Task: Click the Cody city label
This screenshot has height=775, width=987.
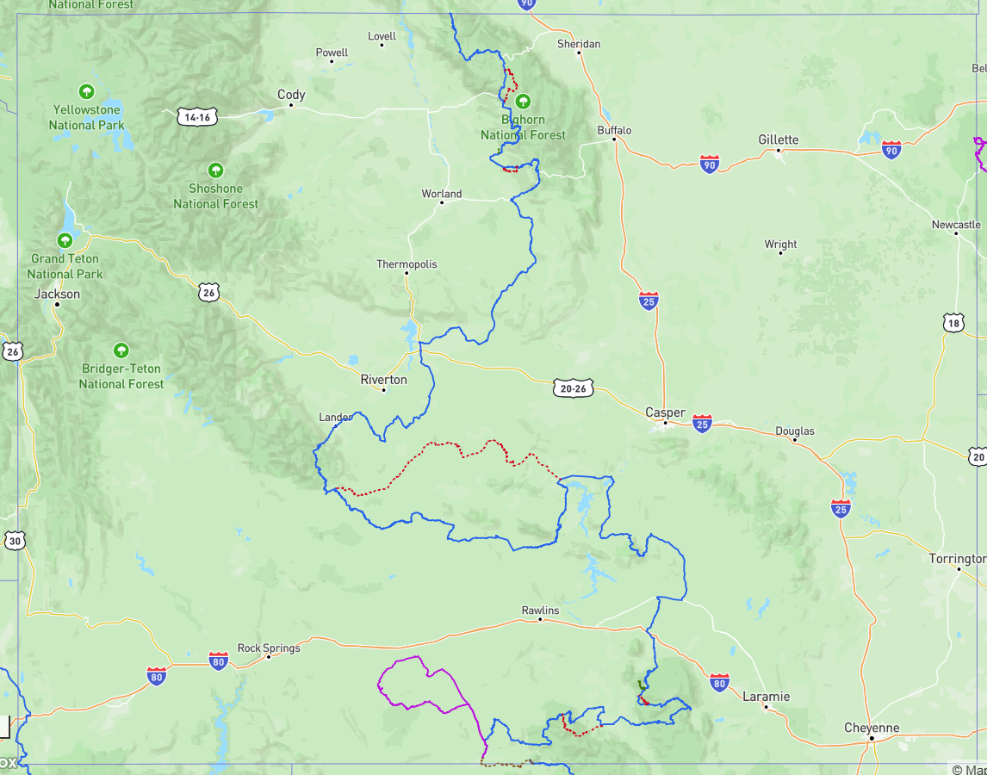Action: click(x=291, y=95)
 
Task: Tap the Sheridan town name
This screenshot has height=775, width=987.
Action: click(x=579, y=44)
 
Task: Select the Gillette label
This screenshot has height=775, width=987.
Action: click(x=778, y=139)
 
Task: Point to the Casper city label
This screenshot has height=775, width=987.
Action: click(x=665, y=412)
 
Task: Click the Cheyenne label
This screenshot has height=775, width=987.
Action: click(x=872, y=728)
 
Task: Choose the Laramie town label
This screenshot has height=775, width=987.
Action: click(x=766, y=696)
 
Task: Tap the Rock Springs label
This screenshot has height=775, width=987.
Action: click(x=269, y=648)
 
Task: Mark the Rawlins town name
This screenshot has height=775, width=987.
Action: click(x=540, y=610)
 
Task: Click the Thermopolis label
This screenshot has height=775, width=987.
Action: click(x=407, y=264)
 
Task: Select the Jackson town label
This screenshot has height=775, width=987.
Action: click(x=57, y=294)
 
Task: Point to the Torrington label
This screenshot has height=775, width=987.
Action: click(x=957, y=559)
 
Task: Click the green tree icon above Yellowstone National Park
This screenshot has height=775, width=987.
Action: click(x=86, y=91)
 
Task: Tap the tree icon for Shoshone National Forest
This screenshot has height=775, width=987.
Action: click(x=215, y=170)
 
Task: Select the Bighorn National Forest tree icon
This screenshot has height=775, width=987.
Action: click(x=522, y=102)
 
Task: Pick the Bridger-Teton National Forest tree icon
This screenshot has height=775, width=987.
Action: click(x=121, y=350)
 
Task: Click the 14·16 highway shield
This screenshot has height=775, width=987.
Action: click(x=196, y=117)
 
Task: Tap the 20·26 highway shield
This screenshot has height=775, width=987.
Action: click(x=573, y=388)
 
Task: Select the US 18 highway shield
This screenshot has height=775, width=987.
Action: click(x=953, y=323)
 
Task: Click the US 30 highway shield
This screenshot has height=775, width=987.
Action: click(x=14, y=541)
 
